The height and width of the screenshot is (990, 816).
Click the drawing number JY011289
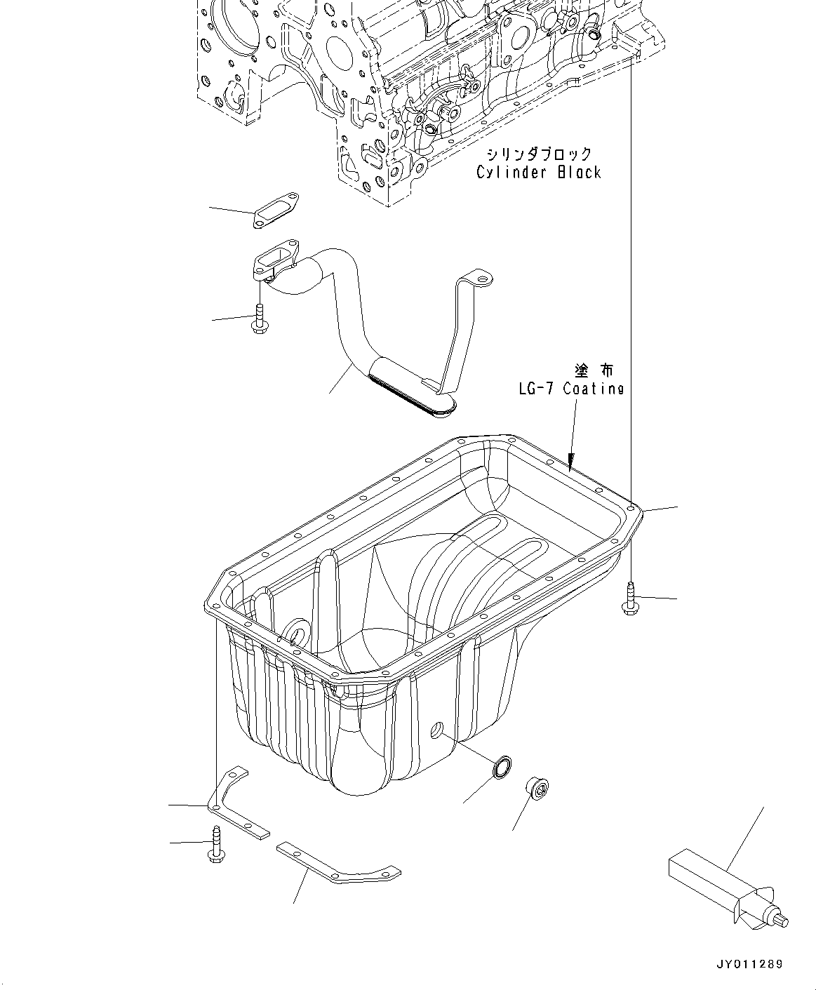[749, 965]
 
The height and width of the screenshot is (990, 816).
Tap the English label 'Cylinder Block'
[538, 172]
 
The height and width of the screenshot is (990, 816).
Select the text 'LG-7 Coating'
[570, 388]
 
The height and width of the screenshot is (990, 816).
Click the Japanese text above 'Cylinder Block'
[539, 154]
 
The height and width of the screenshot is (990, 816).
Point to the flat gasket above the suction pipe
[275, 210]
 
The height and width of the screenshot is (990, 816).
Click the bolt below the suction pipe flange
[259, 319]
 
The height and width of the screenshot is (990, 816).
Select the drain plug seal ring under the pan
[501, 768]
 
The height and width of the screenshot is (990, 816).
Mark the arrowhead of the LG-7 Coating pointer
[571, 464]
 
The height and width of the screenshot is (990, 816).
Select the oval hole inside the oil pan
[297, 634]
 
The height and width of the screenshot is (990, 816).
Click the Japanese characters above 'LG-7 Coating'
[594, 370]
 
